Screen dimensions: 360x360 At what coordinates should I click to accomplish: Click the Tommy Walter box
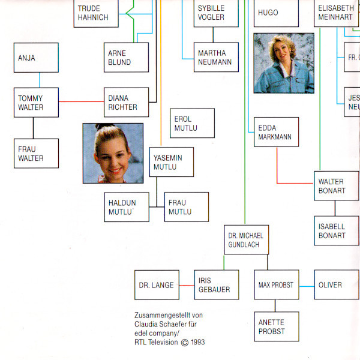pos(37,103)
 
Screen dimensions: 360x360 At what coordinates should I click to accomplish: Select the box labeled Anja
pos(37,58)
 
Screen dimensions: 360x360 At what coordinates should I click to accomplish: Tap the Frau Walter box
pos(37,153)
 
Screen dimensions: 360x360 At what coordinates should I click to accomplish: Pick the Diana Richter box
pos(126,103)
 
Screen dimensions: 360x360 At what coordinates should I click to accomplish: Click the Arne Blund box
pos(126,58)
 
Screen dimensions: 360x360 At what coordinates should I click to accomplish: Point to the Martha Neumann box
pos(216,58)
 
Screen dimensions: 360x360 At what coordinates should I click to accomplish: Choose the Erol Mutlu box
pos(192,123)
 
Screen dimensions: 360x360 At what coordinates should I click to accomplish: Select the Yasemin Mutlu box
pos(171,162)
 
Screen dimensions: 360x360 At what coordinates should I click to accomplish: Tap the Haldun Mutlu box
pos(126,207)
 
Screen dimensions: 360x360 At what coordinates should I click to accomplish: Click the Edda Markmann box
pos(276,132)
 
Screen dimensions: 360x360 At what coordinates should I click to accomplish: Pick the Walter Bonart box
pos(336,186)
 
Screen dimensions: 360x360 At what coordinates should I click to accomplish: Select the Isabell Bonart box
pos(336,231)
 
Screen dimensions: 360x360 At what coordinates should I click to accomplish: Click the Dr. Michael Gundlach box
pos(246,240)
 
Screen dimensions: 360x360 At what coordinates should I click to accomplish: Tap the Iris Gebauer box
pos(216,285)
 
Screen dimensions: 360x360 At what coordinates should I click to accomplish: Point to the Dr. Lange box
pos(157,285)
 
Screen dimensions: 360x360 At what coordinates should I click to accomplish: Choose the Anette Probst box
pos(276,326)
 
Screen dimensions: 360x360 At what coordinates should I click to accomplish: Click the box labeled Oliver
pos(336,285)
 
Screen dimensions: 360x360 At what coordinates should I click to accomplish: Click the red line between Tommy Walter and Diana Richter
pos(82,101)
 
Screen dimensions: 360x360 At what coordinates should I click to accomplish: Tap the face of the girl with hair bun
pos(112,156)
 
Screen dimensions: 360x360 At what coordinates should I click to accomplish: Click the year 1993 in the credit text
pos(196,343)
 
